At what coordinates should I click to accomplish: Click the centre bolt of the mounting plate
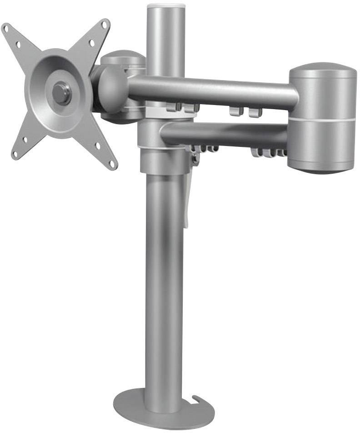click(x=61, y=92)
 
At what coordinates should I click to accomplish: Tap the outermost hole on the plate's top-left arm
click(x=7, y=29)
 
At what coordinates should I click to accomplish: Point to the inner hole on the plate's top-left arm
click(x=19, y=45)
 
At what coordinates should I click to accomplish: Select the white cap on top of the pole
click(x=166, y=6)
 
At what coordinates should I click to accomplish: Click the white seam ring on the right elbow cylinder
click(x=323, y=119)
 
